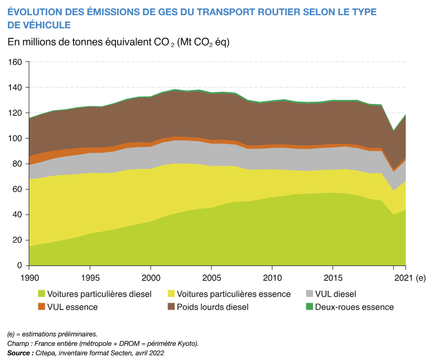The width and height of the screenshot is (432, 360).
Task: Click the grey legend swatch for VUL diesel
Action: pyautogui.click(x=309, y=294)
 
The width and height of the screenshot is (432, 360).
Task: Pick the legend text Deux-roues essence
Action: pyautogui.click(x=354, y=307)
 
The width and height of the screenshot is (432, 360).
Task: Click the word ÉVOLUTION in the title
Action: pyautogui.click(x=35, y=12)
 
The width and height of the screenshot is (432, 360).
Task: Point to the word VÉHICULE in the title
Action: pyautogui.click(x=50, y=25)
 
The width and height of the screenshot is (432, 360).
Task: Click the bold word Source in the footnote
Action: pyautogui.click(x=19, y=353)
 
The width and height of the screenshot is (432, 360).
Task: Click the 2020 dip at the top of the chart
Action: pyautogui.click(x=394, y=130)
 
